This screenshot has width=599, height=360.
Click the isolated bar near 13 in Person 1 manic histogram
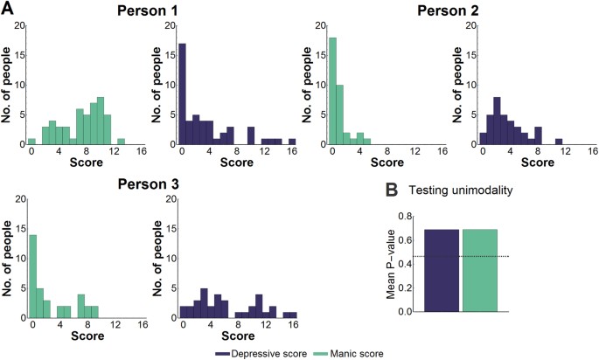(x=121, y=141)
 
